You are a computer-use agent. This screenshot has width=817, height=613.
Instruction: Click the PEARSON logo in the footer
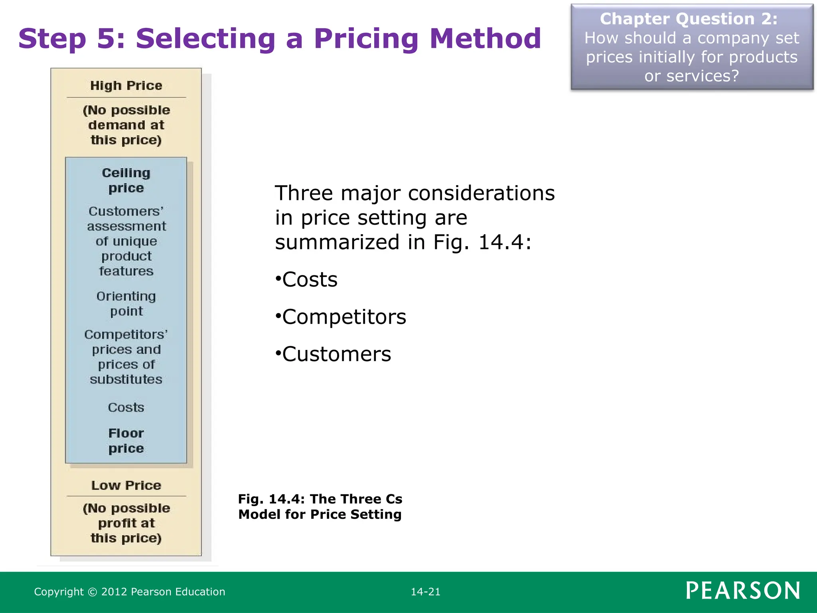743,591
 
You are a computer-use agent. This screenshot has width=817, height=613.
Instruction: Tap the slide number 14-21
426,592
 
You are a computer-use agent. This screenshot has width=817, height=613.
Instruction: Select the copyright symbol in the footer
92,592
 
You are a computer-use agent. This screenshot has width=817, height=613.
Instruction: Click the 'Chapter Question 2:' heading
689,19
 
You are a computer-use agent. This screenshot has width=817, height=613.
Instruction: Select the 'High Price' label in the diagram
126,85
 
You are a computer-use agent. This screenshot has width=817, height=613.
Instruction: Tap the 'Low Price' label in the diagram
126,485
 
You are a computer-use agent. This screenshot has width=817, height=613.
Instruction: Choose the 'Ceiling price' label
126,180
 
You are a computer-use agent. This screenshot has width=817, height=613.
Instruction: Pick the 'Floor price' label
126,441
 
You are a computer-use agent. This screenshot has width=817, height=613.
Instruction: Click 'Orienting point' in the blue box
126,303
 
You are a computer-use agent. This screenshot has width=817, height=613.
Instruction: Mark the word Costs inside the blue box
126,407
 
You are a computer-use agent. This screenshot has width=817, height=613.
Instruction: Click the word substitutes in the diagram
126,379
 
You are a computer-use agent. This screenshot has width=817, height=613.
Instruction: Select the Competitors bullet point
344,317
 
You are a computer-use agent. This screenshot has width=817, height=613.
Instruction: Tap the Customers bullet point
336,354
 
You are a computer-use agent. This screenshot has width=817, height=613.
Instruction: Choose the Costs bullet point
310,279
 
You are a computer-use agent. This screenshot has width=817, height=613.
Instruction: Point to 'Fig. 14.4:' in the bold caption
271,499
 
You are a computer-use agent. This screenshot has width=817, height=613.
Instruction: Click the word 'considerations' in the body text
481,193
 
